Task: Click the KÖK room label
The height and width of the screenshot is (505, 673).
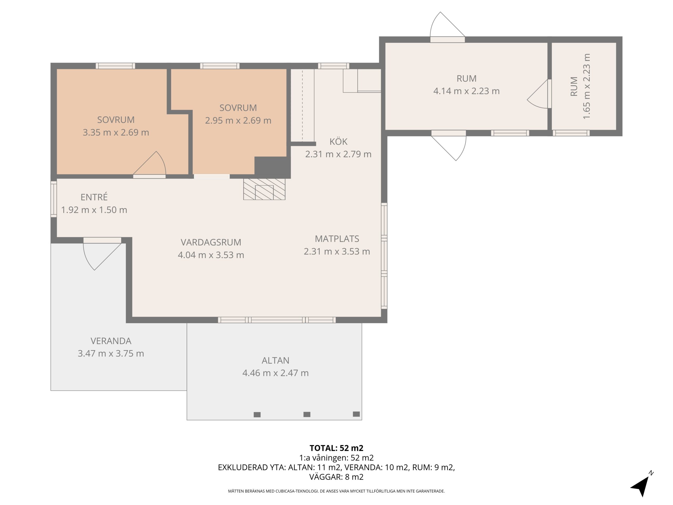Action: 338,142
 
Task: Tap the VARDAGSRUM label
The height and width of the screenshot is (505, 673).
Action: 211,242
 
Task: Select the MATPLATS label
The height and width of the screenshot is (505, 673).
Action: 337,239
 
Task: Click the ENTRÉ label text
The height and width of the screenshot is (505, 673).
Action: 94,197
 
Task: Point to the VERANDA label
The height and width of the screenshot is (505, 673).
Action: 111,341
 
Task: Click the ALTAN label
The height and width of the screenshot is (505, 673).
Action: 275,360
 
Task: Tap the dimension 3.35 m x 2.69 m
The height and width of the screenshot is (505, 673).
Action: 116,132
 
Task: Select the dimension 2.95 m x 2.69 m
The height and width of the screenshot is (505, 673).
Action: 238,120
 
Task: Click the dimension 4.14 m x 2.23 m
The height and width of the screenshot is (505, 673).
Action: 466,91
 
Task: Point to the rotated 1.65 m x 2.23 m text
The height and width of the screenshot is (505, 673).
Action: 587,87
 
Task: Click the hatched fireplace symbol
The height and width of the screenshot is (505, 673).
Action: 264,189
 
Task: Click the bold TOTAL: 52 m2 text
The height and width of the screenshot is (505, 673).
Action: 336,448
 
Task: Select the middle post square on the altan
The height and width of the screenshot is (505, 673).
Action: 307,414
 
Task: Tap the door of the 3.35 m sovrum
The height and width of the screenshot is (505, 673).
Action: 149,165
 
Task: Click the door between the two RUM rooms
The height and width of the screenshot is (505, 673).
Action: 539,94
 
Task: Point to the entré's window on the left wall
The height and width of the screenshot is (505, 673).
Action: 54,199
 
